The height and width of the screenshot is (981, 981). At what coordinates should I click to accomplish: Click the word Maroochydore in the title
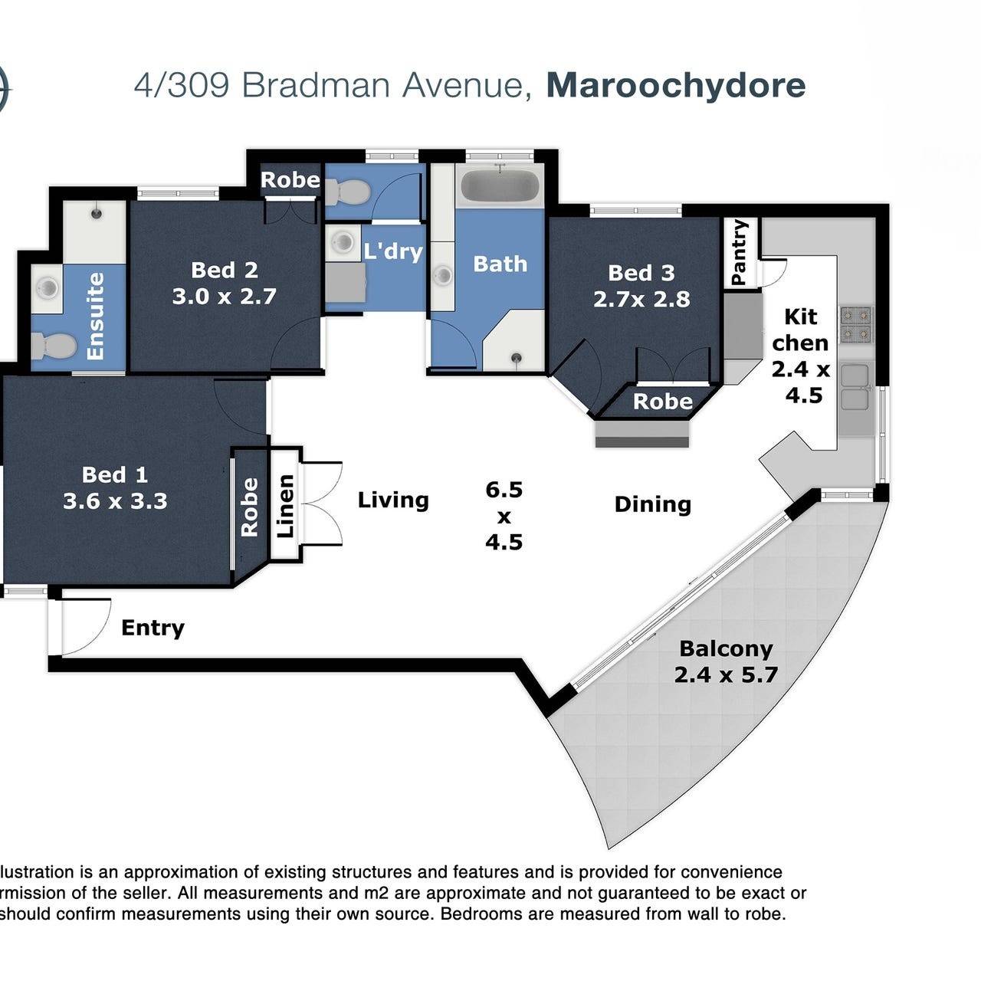[x=675, y=86]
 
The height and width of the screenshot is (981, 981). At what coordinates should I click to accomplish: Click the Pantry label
[x=739, y=252]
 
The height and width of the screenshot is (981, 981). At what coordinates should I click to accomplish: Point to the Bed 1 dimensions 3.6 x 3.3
[x=115, y=501]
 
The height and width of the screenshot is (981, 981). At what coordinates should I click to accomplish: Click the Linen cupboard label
[x=286, y=506]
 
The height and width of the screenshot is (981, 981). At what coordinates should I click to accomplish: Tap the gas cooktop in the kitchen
[x=856, y=324]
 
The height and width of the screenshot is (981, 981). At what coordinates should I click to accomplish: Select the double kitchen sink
[x=856, y=386]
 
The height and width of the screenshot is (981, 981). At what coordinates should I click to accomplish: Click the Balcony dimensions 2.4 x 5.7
[x=726, y=675]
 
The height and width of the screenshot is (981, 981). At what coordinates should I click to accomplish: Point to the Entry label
[x=153, y=628]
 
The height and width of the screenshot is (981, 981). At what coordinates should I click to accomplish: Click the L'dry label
[x=393, y=251]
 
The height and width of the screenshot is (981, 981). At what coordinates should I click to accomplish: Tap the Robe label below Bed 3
[x=663, y=402]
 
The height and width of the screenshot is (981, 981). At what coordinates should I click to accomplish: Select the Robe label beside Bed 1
[x=249, y=507]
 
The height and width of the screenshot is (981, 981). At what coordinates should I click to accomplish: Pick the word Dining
[x=653, y=504]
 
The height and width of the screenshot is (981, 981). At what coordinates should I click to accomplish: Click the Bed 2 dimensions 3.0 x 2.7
[x=224, y=297]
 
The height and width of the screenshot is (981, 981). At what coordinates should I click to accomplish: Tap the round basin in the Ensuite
[x=48, y=289]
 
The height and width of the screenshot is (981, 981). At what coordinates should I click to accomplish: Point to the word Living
[x=393, y=500]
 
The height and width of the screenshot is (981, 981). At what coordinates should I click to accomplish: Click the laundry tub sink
[x=343, y=243]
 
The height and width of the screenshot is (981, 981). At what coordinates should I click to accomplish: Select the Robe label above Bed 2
[x=290, y=179]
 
